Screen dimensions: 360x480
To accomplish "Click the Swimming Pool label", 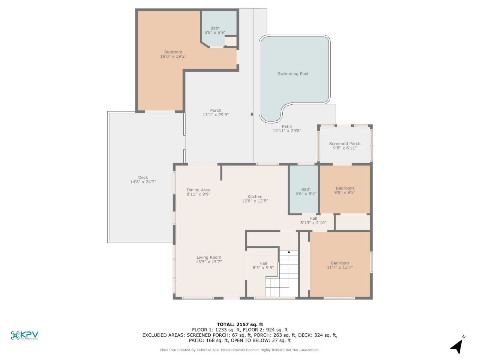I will point(293,74).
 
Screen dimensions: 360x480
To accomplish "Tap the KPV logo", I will point(25,335).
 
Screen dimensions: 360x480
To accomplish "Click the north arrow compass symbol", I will point(457,346).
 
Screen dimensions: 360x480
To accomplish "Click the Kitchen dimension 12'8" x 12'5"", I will point(255,201).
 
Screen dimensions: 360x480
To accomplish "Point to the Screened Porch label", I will point(345,144).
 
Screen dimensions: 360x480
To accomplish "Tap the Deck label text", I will point(143,177).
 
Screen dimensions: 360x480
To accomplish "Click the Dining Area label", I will point(198,190).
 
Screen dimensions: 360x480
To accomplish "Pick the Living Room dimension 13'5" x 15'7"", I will point(209,262).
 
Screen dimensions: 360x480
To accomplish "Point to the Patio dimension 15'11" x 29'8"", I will point(287,131).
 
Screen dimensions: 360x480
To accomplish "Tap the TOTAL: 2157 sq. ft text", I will point(240,324).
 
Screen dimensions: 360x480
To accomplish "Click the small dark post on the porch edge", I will point(252,114).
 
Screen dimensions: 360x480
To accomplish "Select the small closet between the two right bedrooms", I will point(352,222).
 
